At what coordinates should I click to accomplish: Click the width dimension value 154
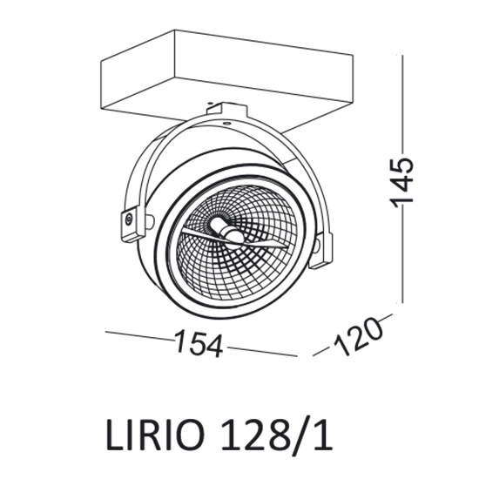point(199,343)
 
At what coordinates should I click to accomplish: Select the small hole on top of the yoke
point(229,125)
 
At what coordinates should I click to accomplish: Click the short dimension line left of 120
point(320,350)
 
